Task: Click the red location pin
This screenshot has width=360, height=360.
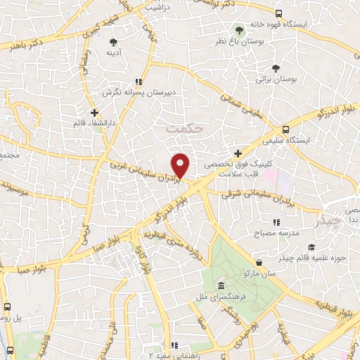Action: pos(181,165)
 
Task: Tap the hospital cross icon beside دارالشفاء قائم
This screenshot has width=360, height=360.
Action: pos(95,111)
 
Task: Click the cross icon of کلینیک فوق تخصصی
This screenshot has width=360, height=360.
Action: pos(238,153)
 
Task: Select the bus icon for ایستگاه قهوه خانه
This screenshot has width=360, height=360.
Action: pos(279,13)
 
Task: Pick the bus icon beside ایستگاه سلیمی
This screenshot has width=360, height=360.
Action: pos(285,129)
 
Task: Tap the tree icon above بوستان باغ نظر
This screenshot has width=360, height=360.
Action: pos(239,30)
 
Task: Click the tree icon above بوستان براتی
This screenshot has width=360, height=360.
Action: pos(274,68)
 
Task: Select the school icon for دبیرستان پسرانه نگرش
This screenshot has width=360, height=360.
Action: pos(138,82)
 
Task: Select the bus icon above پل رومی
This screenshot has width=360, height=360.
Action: pos(8,307)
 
